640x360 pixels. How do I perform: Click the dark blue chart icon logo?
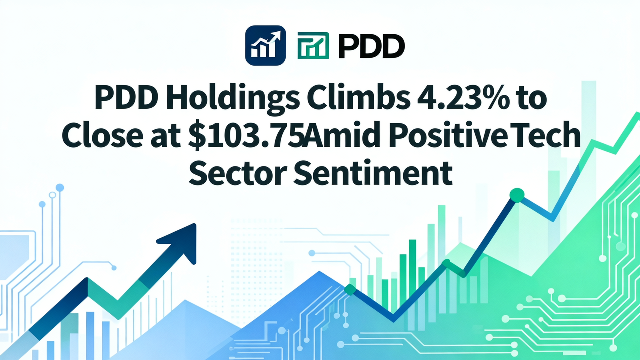265,45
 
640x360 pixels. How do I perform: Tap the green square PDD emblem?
313,46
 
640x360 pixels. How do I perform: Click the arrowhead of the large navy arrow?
181,242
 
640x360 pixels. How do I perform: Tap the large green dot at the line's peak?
516,195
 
